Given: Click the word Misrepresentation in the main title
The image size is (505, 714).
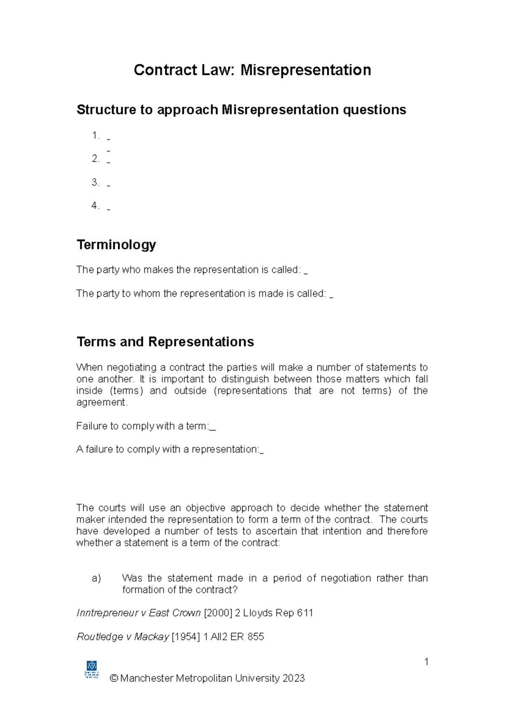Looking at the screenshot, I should click(306, 70).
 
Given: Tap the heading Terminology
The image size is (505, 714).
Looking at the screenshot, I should click(116, 244).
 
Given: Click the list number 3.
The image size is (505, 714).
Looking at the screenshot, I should click(95, 182).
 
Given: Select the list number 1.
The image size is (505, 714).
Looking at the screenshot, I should click(95, 135).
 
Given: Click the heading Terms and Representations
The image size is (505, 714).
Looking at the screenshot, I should click(165, 341).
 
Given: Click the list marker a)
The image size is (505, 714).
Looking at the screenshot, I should click(96, 578).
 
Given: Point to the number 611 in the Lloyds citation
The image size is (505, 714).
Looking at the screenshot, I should click(305, 613).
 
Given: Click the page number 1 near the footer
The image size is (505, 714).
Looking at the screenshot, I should click(426, 662).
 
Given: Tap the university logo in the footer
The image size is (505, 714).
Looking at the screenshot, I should click(92, 669).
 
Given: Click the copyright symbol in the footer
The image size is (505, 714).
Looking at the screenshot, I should click(114, 678).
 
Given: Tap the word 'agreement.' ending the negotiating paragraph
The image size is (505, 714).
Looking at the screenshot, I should click(101, 402).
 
